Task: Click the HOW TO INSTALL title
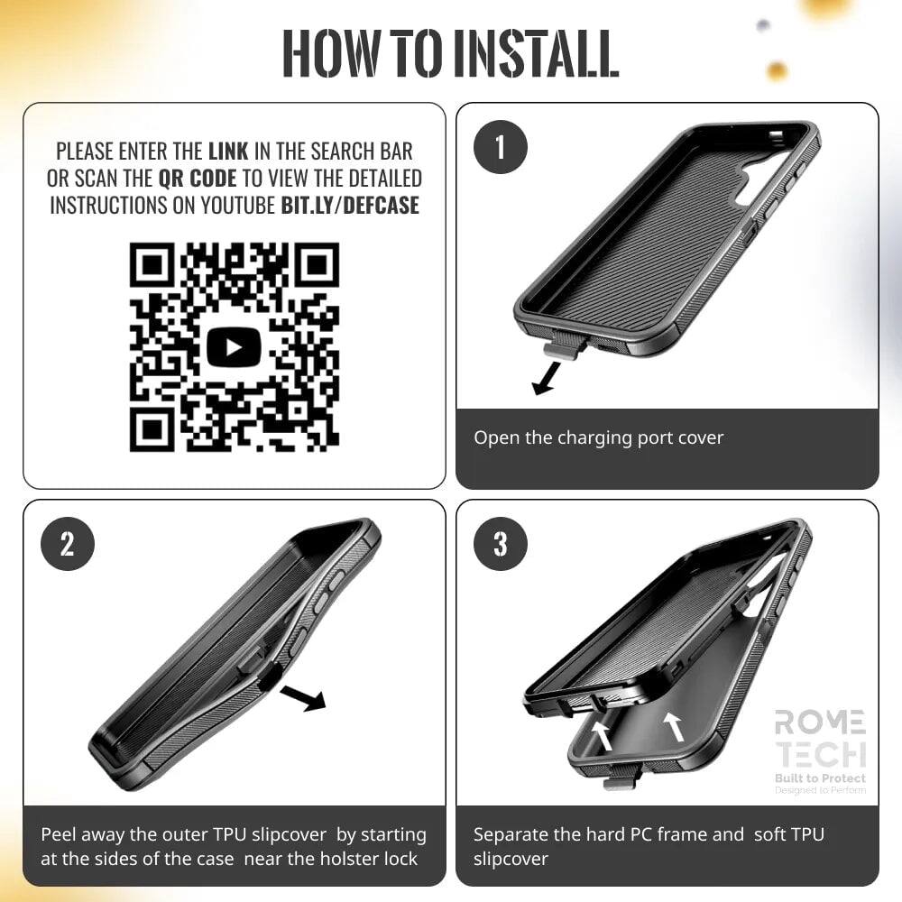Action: point(451,54)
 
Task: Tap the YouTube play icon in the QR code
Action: point(235,347)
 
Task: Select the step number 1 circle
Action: point(500,146)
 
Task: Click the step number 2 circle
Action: point(67,544)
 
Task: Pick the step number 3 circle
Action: point(500,544)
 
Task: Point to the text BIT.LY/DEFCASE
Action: point(350,205)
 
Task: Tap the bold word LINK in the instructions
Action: point(229,151)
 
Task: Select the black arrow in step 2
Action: point(303,697)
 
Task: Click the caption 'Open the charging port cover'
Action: point(599,437)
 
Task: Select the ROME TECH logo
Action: point(820,738)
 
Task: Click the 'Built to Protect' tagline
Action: point(820,778)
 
